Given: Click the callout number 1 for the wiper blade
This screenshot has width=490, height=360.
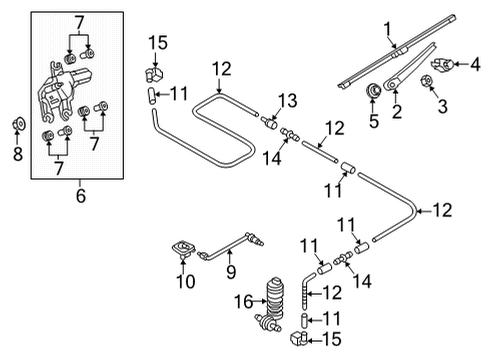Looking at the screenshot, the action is pos(387,29).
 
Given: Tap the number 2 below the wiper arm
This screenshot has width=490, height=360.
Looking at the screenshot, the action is pos(397,111).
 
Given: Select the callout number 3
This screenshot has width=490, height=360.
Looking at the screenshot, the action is pos(442,106).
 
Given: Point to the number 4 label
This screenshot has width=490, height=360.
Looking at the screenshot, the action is pos(475,64).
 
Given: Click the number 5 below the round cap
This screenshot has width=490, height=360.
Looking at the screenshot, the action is pos(374,120).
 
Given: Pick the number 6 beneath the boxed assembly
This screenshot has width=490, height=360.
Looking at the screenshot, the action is pos(81,195).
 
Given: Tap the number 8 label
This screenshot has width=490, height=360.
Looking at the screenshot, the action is pos(18,154).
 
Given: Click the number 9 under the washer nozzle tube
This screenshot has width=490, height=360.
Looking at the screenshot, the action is pos(231,271).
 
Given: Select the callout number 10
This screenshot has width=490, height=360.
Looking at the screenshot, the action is pos(186,281).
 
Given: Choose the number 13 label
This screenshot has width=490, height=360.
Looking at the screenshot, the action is pos(288,100).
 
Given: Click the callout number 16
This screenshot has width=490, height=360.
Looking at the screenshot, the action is pos(244,302).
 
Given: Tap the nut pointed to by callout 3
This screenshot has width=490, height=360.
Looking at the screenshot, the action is pos(425,80).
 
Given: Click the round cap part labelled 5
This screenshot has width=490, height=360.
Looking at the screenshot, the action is pos(374,91).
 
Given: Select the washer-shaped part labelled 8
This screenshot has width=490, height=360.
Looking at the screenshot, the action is pos(19,124).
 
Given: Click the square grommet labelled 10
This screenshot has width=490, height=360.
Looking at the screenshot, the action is pos(183,249).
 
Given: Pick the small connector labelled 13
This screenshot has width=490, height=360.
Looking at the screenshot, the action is pos(270,122).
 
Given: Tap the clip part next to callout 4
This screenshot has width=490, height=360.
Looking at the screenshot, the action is pos(442,64).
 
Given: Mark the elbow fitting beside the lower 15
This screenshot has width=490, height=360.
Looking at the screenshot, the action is pos(298,339).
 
